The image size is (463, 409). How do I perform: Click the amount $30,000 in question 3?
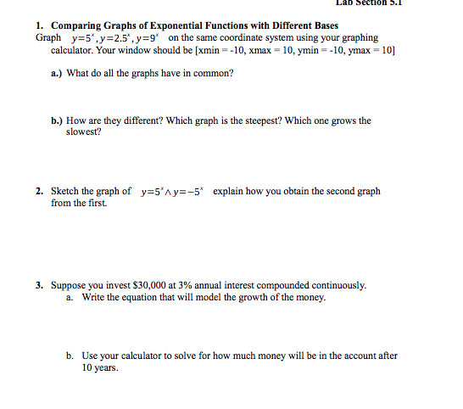(138, 285)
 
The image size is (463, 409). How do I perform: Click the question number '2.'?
(40, 192)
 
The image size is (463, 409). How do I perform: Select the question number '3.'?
(40, 285)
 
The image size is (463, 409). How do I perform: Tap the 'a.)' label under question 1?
(57, 74)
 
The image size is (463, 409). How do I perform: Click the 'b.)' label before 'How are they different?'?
(57, 120)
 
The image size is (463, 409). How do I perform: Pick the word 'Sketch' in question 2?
(67, 192)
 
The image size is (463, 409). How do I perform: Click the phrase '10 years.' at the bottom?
(100, 368)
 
